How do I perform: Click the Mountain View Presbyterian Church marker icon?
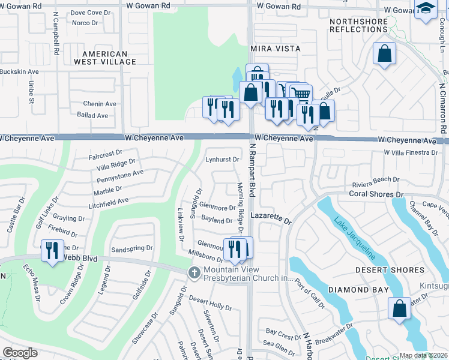pos(193,273)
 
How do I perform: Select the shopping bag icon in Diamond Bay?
pos(400,308)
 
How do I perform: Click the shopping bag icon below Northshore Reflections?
pos(384,53)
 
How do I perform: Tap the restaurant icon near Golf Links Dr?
pos(52,250)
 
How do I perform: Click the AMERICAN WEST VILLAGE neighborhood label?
pos(100,58)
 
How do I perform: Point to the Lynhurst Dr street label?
pos(223,160)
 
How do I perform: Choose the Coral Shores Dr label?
pos(376,194)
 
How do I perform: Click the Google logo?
pos(20,353)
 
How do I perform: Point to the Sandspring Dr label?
pos(132,248)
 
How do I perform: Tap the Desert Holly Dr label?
pos(210,302)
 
